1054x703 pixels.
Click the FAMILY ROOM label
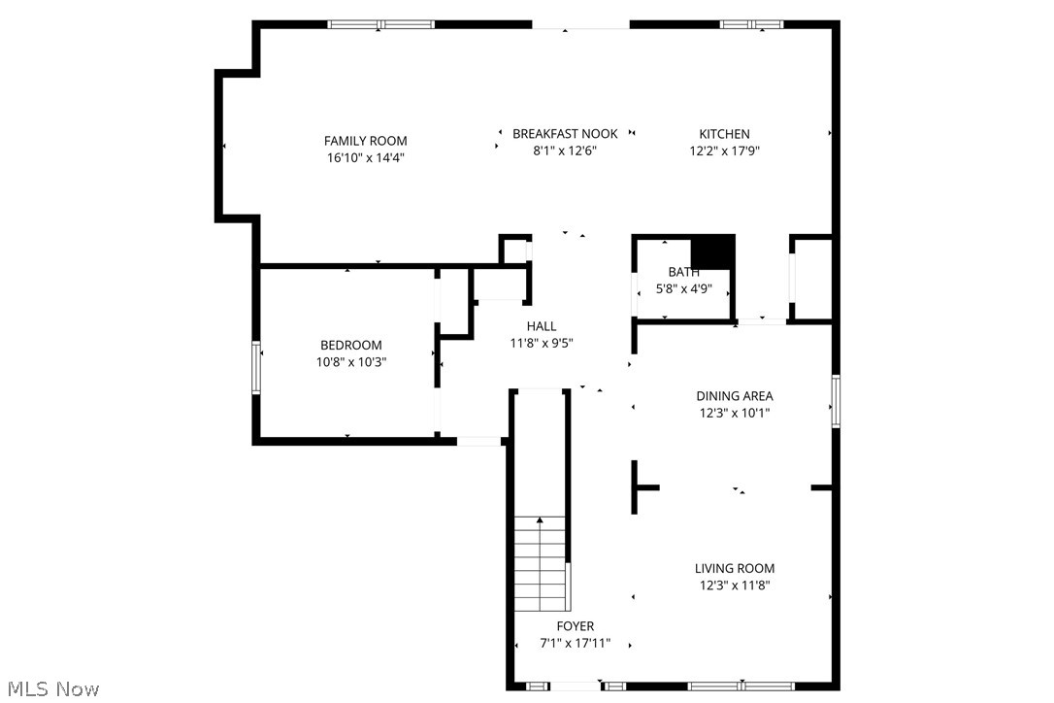point(365,141)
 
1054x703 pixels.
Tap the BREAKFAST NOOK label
point(565,134)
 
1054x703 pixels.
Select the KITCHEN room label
point(724,134)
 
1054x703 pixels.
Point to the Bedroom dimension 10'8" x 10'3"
point(351,361)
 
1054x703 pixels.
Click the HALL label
point(542,326)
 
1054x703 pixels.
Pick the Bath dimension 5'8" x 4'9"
point(683,288)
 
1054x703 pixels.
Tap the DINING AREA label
point(734,396)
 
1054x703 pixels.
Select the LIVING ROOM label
point(734,569)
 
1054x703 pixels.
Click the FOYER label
point(575,626)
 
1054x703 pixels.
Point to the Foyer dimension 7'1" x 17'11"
point(575,643)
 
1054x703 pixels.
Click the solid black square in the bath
point(716,252)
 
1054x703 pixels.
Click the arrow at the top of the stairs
point(540,521)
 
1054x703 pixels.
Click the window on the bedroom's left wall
point(257,367)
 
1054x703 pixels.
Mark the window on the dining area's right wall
point(835,401)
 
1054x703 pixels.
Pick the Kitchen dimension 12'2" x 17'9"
point(724,151)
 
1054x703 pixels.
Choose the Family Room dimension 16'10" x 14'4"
point(365,157)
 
